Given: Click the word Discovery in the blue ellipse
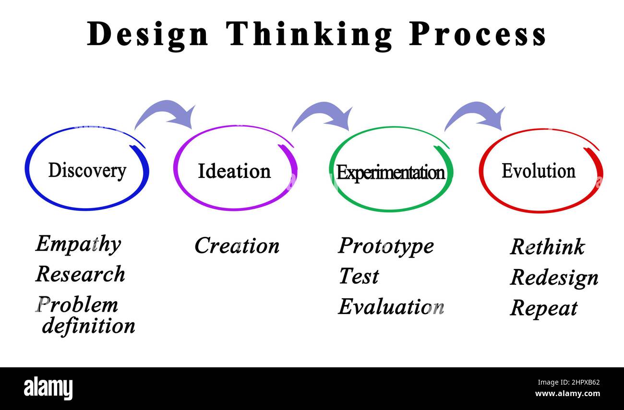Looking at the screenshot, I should (87, 170).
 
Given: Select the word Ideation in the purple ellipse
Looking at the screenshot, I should (234, 171).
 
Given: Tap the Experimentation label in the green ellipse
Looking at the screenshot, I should (390, 173).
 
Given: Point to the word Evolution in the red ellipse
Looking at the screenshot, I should (538, 171).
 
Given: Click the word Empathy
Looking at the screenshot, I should (78, 244).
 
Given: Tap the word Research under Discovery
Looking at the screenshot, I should (80, 274).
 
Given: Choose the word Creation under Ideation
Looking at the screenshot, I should (237, 246).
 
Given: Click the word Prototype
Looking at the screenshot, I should (386, 246).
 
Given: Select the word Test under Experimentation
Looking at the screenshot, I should (359, 276).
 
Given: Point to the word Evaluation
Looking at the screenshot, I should (391, 307).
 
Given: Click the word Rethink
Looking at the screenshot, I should (547, 247).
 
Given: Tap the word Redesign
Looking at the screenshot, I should (554, 278).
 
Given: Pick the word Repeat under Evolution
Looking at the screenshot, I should (543, 308).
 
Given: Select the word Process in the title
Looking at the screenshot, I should (478, 35).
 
